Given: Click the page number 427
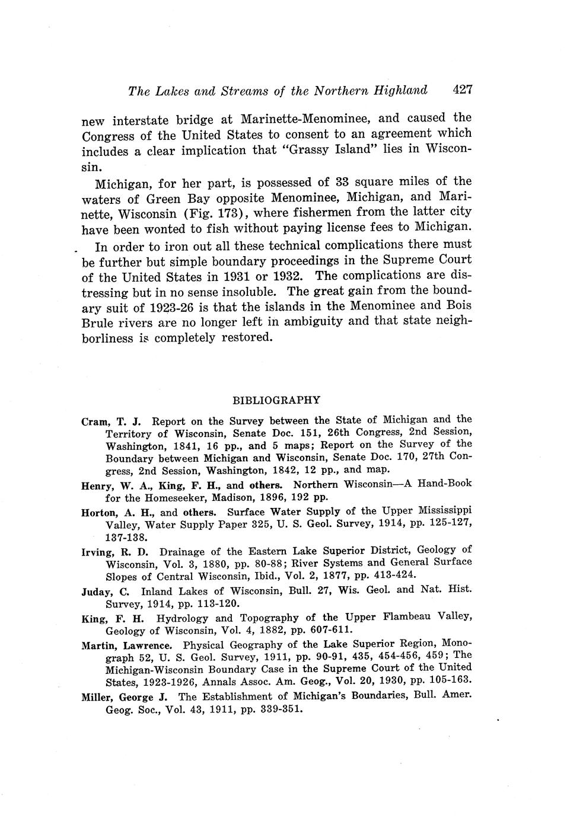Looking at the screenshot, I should [x=461, y=90].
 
